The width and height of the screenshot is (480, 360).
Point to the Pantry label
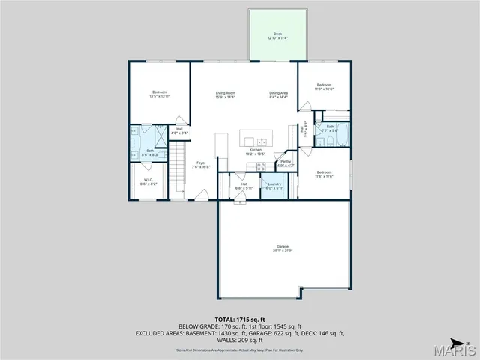(x=286, y=163)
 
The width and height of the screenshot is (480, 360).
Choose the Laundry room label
(x=274, y=185)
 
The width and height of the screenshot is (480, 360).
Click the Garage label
(x=282, y=249)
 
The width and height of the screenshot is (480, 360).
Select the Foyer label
(x=201, y=165)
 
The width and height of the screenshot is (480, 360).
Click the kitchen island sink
(x=261, y=142)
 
